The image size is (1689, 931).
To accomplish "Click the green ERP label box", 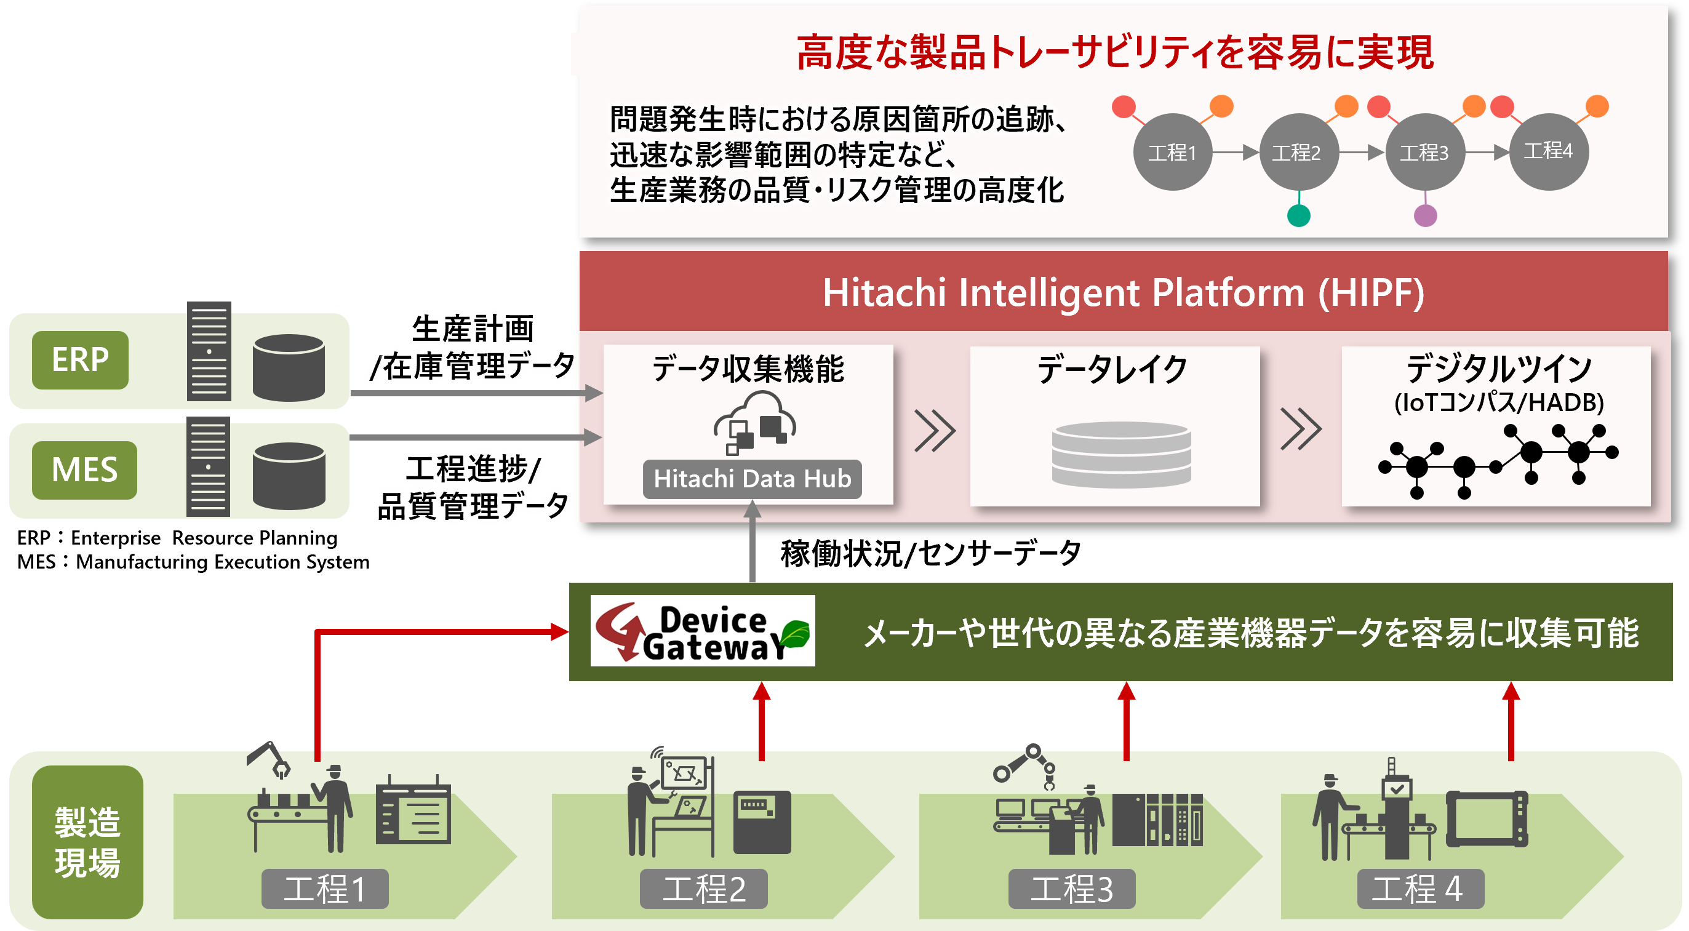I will click(x=80, y=360).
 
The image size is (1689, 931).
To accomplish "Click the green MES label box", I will click(x=84, y=470).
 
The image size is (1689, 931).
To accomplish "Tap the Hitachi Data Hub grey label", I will click(x=752, y=479).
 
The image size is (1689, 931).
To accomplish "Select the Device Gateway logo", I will click(x=702, y=631).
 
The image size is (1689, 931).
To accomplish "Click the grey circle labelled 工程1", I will click(x=1172, y=152).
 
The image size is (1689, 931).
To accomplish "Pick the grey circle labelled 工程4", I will click(x=1549, y=151).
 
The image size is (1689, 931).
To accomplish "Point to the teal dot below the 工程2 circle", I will click(x=1298, y=215).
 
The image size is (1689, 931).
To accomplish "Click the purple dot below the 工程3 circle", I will click(x=1426, y=215).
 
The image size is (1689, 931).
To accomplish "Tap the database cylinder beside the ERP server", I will click(x=289, y=367).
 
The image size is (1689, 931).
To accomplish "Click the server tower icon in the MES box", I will click(x=208, y=467).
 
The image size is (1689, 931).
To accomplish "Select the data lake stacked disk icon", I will click(x=1120, y=454).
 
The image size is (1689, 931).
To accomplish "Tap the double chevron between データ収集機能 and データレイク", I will click(x=934, y=431).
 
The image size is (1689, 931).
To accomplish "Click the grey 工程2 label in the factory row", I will click(x=703, y=889).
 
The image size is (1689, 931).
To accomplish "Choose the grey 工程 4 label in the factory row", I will click(x=1420, y=889).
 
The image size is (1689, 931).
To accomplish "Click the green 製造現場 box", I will click(x=87, y=842).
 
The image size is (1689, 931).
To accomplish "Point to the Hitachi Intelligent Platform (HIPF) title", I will click(x=1123, y=292).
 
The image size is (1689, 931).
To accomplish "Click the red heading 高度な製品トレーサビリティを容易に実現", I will click(x=1115, y=52).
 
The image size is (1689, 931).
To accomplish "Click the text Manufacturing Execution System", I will click(x=223, y=562).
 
